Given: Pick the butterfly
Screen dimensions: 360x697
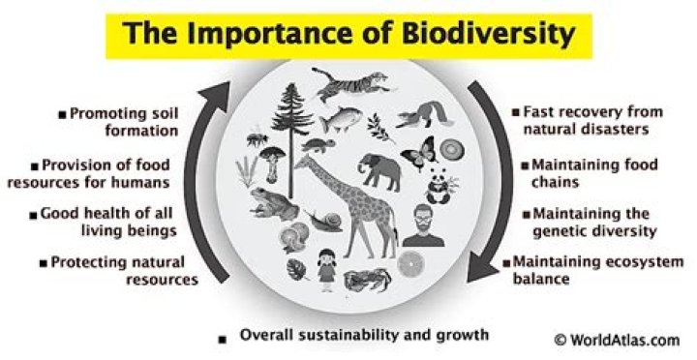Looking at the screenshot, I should point(416,153).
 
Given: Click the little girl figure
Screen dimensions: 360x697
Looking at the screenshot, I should point(326,266).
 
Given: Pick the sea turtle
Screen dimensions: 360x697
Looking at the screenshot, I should point(317,147).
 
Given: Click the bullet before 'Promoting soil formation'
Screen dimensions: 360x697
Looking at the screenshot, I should point(61,115).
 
